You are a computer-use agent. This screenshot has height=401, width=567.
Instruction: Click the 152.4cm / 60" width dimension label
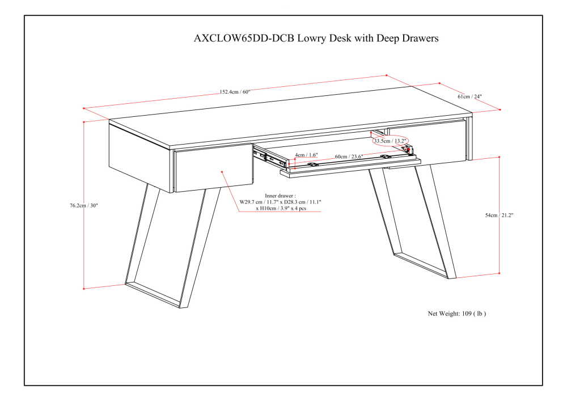(x=235, y=92)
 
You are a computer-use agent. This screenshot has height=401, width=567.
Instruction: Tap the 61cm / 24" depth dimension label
(x=469, y=96)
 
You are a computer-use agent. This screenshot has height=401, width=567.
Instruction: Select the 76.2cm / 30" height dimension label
(x=84, y=205)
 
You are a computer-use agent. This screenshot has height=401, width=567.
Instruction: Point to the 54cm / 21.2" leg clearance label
(x=499, y=215)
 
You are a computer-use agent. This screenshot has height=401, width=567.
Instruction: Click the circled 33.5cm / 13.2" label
(x=390, y=141)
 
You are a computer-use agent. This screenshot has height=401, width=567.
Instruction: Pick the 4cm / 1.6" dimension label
(x=306, y=155)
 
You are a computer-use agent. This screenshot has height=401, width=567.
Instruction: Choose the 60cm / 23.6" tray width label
(x=349, y=157)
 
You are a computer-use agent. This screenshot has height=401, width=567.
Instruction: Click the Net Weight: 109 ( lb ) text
(x=456, y=314)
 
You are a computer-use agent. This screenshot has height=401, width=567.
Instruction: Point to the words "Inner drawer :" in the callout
(x=280, y=196)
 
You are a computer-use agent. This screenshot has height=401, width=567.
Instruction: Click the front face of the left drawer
(x=214, y=168)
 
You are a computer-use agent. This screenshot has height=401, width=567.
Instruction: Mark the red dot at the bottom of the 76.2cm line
(x=84, y=289)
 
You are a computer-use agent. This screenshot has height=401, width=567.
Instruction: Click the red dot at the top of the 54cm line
(x=500, y=157)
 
